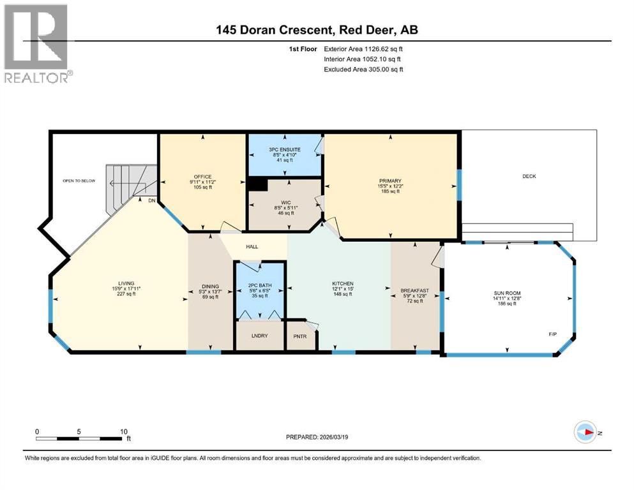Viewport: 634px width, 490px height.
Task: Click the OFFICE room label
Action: (202, 177)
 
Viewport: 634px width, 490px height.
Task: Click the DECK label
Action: (529, 177)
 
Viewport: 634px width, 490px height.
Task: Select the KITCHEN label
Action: (342, 283)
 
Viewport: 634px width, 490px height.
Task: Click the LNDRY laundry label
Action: (259, 336)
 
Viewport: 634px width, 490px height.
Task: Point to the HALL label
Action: (252, 246)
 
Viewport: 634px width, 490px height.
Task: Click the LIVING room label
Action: (126, 283)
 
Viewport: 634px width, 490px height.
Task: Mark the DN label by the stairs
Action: (151, 200)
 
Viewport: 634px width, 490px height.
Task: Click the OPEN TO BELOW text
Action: (79, 181)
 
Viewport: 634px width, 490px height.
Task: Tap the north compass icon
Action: (585, 432)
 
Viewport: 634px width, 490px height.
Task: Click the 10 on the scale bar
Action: (123, 431)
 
